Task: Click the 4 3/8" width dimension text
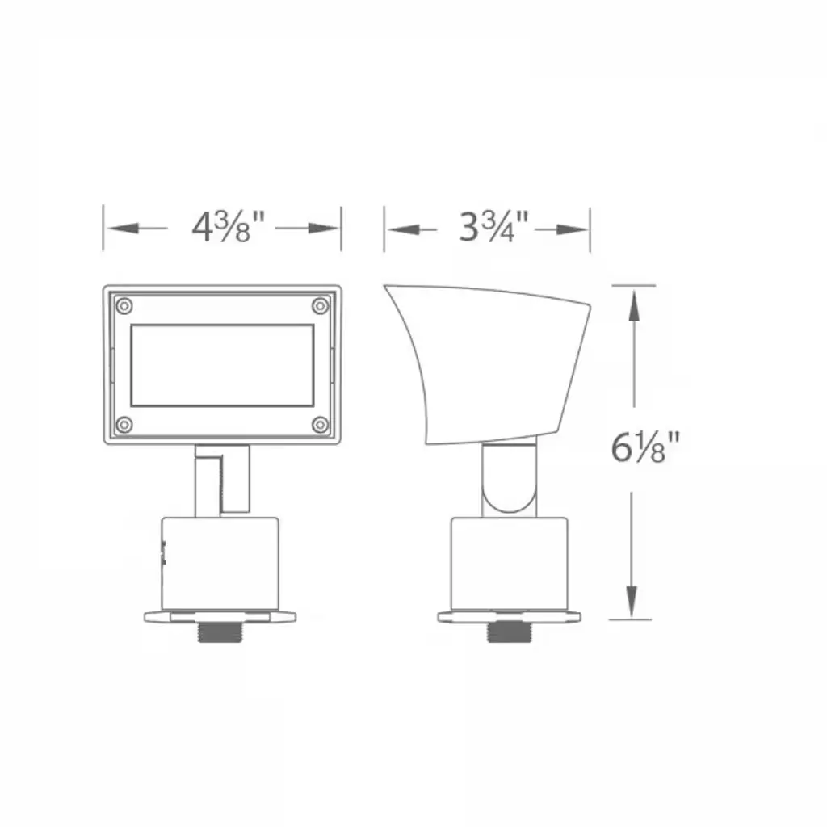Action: pos(228,227)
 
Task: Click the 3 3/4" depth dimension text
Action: pos(493,227)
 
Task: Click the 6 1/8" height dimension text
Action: pos(645,447)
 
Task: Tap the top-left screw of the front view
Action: pos(124,306)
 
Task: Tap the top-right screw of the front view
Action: pos(320,306)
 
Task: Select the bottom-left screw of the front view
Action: pos(124,425)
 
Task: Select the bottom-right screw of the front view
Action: pos(320,425)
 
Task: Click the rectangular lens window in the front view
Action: pos(222,366)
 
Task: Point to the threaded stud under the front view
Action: pos(220,632)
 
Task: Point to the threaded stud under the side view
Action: pos(509,632)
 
